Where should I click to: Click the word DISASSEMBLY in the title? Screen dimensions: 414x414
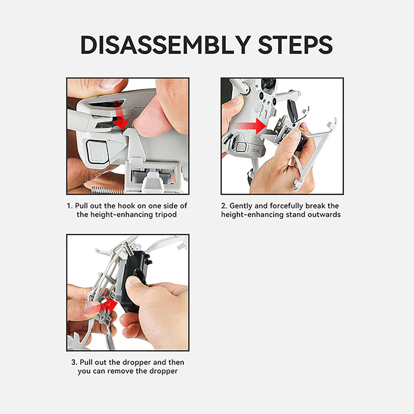click(x=166, y=45)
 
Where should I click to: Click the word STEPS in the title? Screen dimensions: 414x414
click(x=295, y=45)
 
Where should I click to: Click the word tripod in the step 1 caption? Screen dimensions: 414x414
click(x=166, y=215)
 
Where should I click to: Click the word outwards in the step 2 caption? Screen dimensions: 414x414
click(x=324, y=215)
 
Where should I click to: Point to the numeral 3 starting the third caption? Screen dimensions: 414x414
click(x=74, y=362)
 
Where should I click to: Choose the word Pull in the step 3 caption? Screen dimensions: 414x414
click(x=86, y=362)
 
